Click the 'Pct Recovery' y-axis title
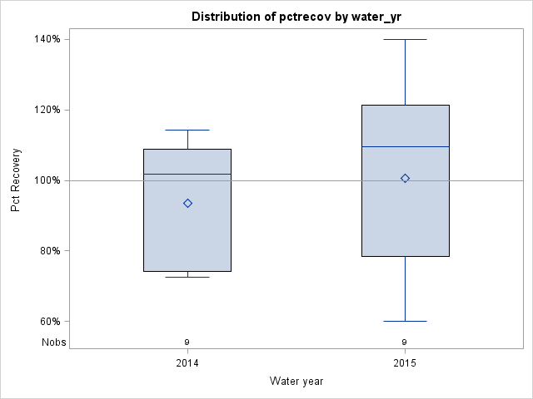coord(16,180)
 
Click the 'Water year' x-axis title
coord(296,382)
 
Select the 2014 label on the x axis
coord(187,363)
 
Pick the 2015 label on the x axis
coord(406,363)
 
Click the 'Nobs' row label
coord(54,342)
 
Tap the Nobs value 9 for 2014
coord(187,342)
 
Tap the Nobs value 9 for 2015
coord(406,342)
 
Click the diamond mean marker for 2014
coord(187,203)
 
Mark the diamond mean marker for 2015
coord(406,178)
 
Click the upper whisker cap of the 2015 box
coord(406,39)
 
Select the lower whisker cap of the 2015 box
coord(406,321)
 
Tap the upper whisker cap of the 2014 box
coord(187,130)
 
